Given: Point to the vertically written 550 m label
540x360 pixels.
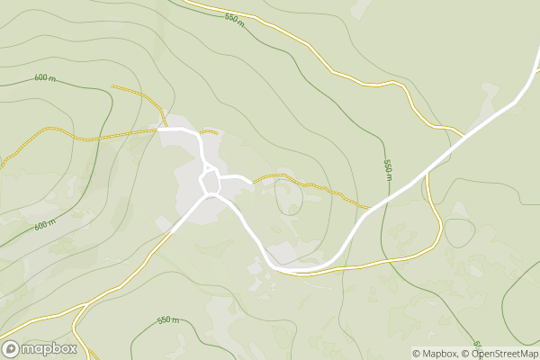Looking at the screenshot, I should point(387,168).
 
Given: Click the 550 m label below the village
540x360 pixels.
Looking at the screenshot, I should point(168,320).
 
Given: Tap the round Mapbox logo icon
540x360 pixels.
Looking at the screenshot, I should point(12,349).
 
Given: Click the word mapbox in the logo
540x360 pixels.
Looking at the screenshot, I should point(49,349).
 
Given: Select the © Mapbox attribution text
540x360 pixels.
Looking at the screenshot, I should point(434,354).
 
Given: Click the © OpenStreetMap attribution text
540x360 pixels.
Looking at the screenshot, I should point(499,354).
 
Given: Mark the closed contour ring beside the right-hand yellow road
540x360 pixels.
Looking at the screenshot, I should point(459,232).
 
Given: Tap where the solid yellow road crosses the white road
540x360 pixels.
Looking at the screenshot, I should point(427,174).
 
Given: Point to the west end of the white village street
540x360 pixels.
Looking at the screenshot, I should point(158,130).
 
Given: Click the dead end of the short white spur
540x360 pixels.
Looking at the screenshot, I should point(250,183).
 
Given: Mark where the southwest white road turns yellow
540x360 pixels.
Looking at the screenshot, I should point(170,233).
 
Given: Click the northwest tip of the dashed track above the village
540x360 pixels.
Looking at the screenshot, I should point(112,86).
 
